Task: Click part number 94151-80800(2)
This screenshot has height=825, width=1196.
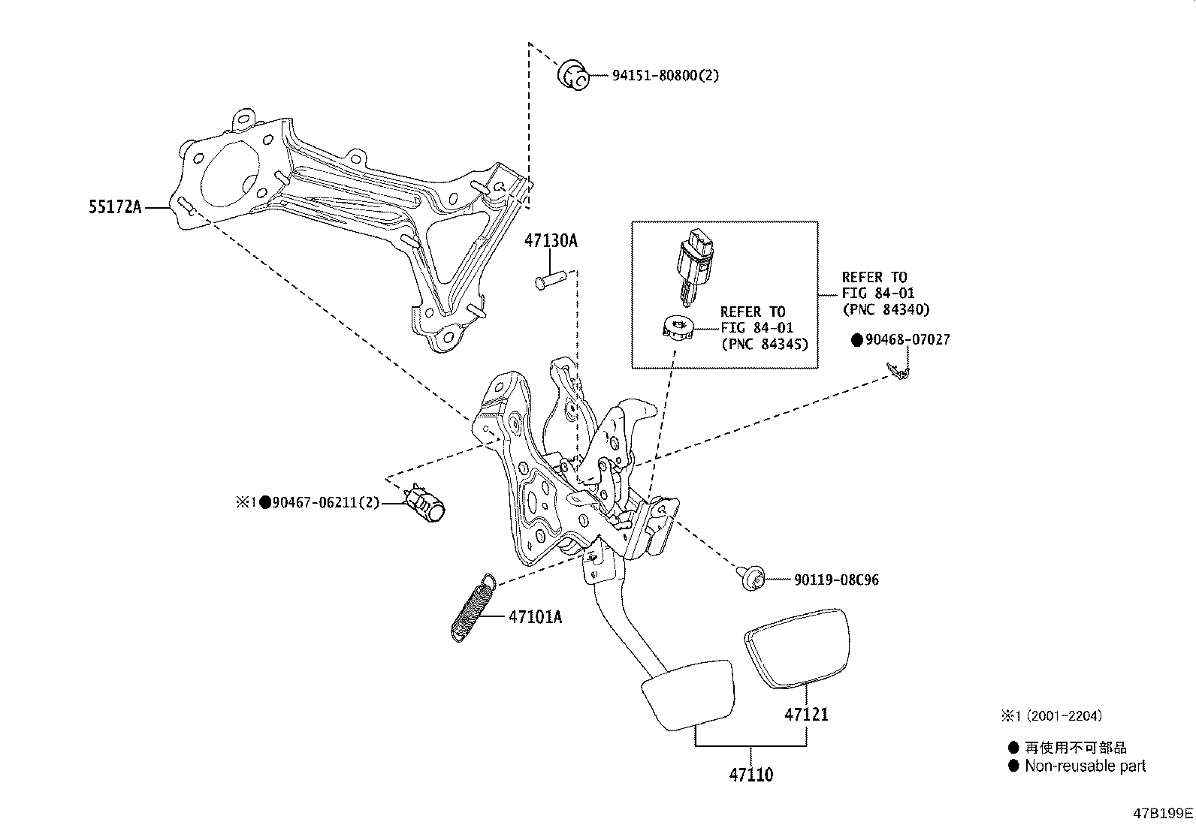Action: click(655, 76)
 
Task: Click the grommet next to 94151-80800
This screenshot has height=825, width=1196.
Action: click(573, 76)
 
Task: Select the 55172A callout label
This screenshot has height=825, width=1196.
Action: click(115, 207)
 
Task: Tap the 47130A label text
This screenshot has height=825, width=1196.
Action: click(551, 241)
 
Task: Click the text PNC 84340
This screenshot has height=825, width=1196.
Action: click(886, 309)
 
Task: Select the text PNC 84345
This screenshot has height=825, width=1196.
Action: click(764, 344)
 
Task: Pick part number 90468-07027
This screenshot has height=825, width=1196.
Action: click(907, 340)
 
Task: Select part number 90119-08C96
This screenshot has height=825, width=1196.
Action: click(836, 580)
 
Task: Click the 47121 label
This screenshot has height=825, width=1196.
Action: click(806, 714)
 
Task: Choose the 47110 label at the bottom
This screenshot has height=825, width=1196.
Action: click(751, 774)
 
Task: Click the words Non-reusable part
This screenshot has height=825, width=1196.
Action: click(1086, 766)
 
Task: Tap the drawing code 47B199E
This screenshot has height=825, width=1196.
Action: click(1163, 813)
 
